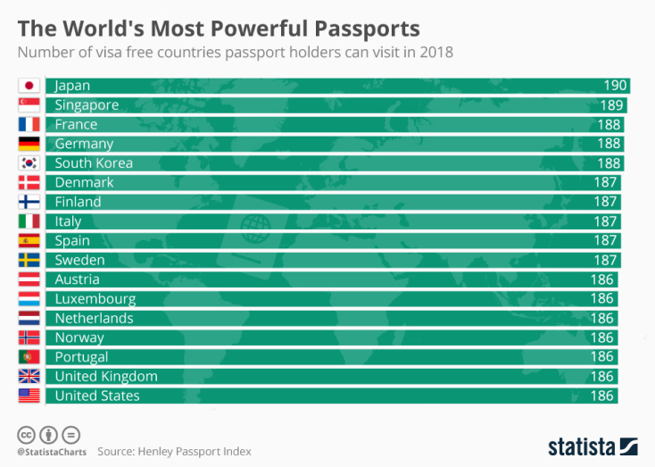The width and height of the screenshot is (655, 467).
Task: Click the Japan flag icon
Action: (29, 86)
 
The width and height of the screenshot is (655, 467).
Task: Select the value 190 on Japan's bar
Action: (615, 86)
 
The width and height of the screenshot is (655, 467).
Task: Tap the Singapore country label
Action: (87, 105)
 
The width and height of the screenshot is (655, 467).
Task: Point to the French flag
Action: (29, 124)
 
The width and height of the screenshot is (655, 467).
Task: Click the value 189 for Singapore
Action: (611, 105)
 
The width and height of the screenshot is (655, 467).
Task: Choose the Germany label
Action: (84, 144)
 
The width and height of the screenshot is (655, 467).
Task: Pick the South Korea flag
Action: (29, 163)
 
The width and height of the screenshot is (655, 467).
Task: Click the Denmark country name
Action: (84, 182)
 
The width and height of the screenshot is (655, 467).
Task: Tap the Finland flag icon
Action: (29, 202)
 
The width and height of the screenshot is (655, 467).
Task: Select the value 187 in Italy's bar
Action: (605, 221)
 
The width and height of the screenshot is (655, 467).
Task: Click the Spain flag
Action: (29, 240)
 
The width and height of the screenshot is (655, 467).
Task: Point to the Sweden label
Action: (79, 260)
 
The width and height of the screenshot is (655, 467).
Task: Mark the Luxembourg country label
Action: (95, 299)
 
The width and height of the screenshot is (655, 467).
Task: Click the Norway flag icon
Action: (29, 338)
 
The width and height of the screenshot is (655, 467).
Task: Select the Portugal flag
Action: (29, 357)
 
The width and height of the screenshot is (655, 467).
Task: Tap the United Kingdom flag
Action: (29, 376)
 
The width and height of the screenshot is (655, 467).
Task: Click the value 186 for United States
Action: (601, 396)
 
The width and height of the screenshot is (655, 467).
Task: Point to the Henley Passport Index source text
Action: (174, 451)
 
